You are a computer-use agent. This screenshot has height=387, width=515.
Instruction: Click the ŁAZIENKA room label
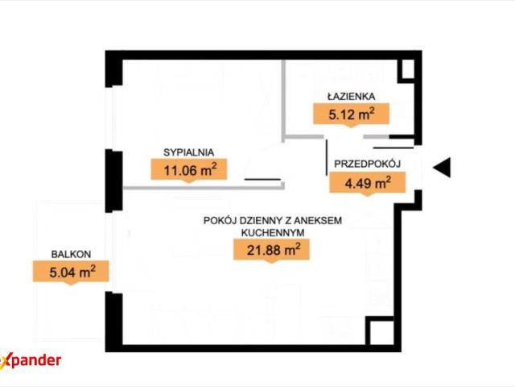point(351,97)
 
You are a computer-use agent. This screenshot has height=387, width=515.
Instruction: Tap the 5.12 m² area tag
point(351,114)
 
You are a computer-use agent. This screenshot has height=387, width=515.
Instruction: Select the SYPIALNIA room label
point(189,152)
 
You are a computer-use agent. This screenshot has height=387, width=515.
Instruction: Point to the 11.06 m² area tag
point(189,170)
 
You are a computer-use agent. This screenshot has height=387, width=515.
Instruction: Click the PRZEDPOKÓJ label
point(368,164)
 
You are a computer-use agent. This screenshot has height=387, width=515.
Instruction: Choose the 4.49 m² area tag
point(368,182)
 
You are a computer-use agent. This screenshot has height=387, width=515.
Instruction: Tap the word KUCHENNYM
point(273,233)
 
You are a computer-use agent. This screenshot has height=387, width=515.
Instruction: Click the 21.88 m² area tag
point(272,249)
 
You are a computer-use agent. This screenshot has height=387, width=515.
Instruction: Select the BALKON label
point(71,254)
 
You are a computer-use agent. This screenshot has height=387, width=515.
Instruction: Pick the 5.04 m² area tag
point(71,272)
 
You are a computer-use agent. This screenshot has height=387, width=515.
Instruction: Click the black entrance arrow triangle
point(442,168)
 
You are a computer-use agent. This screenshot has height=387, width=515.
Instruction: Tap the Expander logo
point(31,361)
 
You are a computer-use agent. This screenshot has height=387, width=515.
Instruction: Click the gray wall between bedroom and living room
point(204,188)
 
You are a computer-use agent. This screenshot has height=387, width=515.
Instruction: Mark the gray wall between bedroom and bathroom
point(283,101)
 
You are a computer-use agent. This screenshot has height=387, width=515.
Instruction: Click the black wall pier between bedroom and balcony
point(113,181)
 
